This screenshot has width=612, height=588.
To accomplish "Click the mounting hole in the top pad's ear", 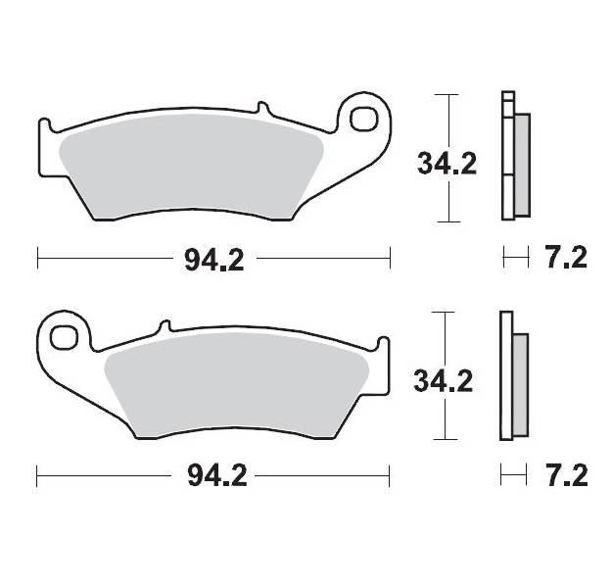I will coord(364,120).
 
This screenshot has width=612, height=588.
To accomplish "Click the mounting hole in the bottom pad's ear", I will coord(64,337).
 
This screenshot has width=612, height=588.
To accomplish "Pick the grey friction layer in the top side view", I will coord(521,164).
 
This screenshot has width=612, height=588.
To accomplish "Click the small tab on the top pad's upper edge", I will coord(261,108).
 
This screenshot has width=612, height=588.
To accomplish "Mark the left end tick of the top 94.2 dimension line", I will coord(37,259).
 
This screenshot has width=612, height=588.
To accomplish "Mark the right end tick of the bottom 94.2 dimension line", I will coord(390,476).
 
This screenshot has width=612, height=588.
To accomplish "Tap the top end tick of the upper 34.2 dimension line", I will coord(447,95).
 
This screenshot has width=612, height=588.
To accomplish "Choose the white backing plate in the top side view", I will coord(506,157).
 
